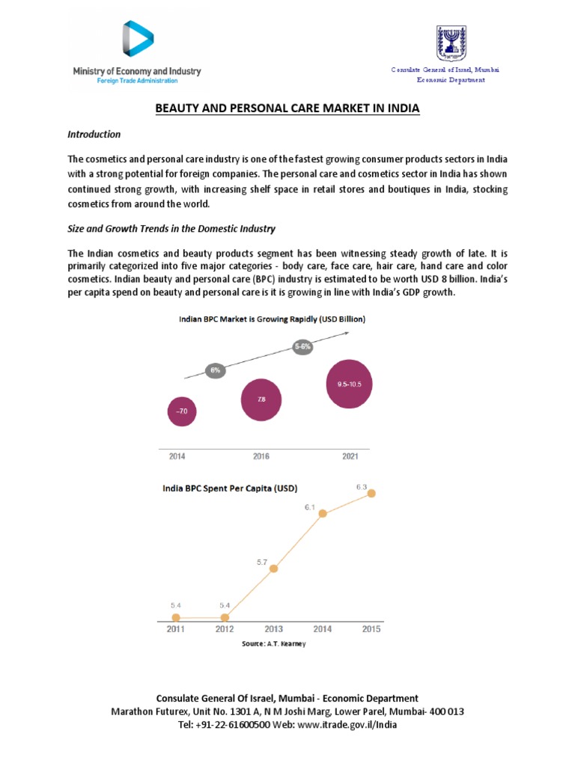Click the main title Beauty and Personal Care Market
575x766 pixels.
pos(287,108)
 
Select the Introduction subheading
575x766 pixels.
pos(94,135)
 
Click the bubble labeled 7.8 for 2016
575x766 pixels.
pos(261,399)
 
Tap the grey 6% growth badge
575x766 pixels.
pos(215,370)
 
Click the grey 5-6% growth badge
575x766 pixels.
pos(302,347)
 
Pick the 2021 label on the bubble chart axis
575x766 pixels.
pos(350,456)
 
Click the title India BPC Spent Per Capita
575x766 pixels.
pos(230,488)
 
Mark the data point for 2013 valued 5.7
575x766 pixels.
pos(273,569)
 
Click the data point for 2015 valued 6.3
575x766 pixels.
pos(371,493)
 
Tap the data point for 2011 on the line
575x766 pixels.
pos(176,617)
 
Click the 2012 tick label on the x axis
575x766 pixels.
pos(225,630)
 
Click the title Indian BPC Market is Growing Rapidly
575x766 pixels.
pos(272,319)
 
